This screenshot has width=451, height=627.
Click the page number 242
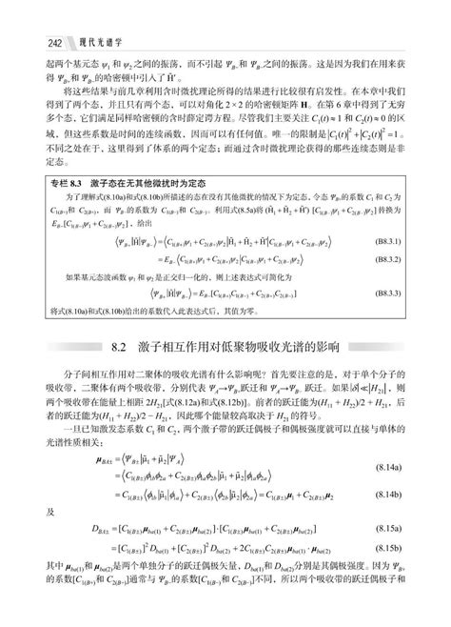click(26, 42)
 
